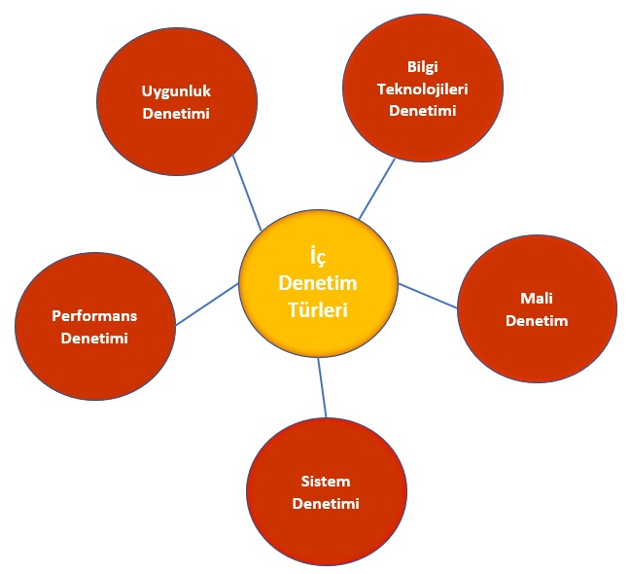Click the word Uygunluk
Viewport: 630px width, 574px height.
pos(176,91)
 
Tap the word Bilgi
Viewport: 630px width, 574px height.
pos(423,66)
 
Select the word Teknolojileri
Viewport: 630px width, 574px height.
pos(423,88)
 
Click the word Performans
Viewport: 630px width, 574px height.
pos(94,316)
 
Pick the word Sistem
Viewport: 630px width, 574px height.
pos(326,482)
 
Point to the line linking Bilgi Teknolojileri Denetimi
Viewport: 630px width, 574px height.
pos(377,189)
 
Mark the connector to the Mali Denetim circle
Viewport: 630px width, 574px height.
pos(428,295)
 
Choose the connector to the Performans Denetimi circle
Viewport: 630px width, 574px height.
pos(206,304)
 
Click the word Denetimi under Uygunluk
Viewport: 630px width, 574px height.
pos(176,114)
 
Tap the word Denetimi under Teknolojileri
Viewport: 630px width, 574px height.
pos(423,110)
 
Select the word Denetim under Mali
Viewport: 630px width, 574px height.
pos(537,321)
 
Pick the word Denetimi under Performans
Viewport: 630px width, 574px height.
pos(94,339)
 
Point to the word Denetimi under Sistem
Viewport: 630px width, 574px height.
pos(326,504)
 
